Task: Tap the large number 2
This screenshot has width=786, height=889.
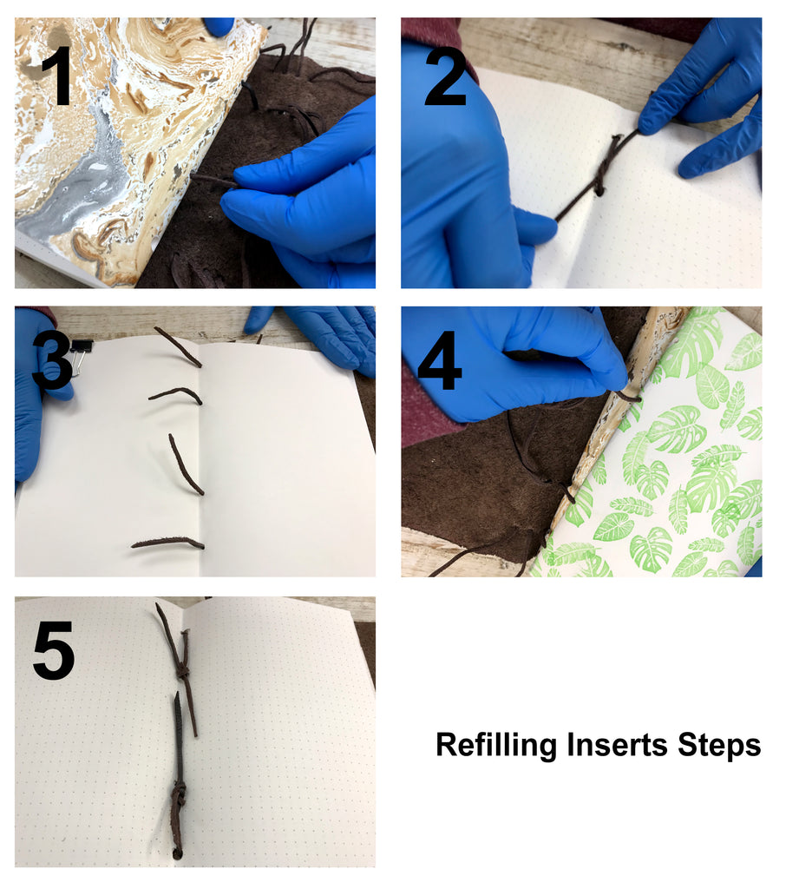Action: click(445, 77)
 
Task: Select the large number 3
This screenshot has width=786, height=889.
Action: click(52, 361)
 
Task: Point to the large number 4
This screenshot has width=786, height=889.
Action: click(439, 361)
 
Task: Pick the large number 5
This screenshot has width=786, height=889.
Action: click(54, 650)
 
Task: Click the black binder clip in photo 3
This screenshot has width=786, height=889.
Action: click(78, 354)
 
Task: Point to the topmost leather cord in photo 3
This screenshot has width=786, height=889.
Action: click(178, 346)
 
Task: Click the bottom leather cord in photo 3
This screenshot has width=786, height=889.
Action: click(167, 543)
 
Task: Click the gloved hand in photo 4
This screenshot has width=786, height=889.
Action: click(510, 363)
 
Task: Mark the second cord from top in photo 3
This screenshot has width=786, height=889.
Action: click(177, 394)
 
